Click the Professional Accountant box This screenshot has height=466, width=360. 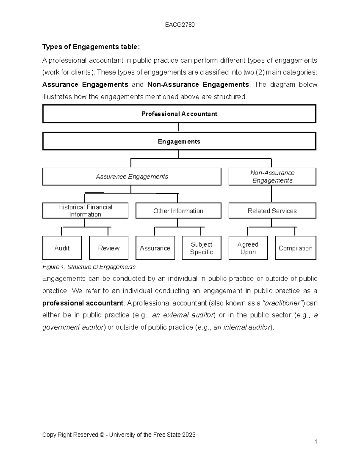click(179, 114)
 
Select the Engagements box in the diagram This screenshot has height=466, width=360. click(179, 141)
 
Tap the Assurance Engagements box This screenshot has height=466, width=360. click(132, 177)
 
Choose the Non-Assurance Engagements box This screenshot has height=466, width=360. click(272, 177)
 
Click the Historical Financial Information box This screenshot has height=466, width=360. click(85, 211)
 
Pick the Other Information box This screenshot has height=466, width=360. click(178, 211)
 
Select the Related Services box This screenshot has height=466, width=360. click(272, 211)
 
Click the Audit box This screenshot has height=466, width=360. click(62, 248)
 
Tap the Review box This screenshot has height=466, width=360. click(109, 248)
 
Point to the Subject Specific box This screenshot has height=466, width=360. click(201, 248)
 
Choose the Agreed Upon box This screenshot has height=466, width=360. click(248, 248)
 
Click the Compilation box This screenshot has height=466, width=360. click(295, 248)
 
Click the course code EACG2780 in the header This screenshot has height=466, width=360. click(180, 25)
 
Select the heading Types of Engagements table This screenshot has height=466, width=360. click(91, 47)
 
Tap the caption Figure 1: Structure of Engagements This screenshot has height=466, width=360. click(89, 267)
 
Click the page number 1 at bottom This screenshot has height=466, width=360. click(316, 441)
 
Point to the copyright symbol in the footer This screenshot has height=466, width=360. click(102, 435)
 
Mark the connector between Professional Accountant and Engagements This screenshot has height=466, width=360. click(178, 128)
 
